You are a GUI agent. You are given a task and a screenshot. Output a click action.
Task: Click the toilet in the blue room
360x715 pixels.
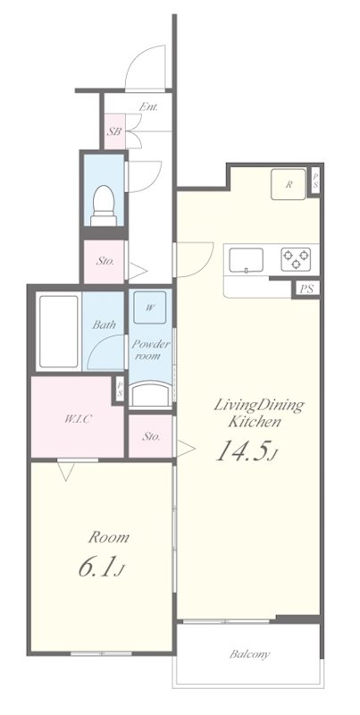103,206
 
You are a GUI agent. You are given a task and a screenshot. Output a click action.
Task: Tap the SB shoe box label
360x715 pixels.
114,132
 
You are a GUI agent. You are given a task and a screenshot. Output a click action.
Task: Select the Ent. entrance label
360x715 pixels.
148,107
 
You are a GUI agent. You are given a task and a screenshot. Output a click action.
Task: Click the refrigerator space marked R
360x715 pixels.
289,184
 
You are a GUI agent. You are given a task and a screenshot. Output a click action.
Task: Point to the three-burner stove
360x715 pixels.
296,259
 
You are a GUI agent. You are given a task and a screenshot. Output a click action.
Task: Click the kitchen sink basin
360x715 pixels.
246,259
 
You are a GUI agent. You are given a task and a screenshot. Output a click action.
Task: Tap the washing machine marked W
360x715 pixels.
149,307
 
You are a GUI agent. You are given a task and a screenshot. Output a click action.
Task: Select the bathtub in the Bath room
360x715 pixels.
59,332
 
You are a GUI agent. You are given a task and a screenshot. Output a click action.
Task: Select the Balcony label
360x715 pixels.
249,655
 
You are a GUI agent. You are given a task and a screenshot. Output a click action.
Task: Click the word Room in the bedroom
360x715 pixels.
108,537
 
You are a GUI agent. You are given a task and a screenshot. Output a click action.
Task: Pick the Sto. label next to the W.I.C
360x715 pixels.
151,436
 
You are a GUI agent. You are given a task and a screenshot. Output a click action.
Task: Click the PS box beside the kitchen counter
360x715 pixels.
306,289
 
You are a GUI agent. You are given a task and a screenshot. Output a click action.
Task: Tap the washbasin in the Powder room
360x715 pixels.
151,395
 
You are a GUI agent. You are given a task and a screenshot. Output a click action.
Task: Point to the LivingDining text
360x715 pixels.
259,406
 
